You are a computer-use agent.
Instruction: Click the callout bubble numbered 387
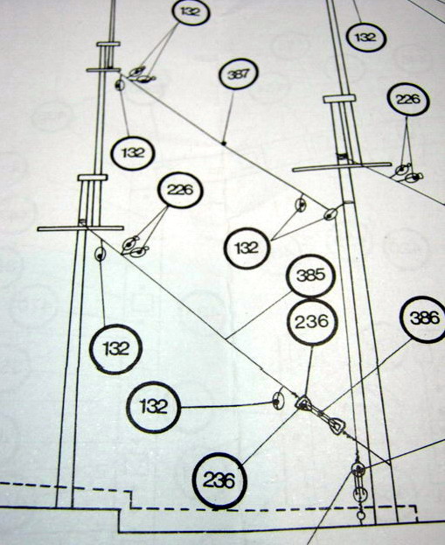tap(239, 73)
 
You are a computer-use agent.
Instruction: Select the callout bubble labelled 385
tap(310, 276)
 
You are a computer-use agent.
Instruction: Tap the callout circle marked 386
tap(424, 318)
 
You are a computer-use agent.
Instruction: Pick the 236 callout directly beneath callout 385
tap(311, 322)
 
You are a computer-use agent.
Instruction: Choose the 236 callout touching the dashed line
tap(219, 481)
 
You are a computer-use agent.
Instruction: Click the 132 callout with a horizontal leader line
tap(153, 407)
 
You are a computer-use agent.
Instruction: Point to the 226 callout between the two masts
tap(180, 190)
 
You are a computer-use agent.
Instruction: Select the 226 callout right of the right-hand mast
tap(408, 100)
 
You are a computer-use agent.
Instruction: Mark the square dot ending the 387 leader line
tap(224, 143)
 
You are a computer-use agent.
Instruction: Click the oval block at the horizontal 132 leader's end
tap(278, 401)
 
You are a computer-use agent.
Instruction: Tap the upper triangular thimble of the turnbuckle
tap(302, 402)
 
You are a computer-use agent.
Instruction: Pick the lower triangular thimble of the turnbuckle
tap(337, 426)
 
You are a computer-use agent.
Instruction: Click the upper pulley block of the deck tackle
tap(358, 470)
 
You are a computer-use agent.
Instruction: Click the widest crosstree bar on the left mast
tap(80, 228)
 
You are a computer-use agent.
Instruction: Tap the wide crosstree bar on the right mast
tap(342, 167)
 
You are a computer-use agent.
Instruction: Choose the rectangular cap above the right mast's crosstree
tap(340, 99)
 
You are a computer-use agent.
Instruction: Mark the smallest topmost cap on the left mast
tap(108, 44)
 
